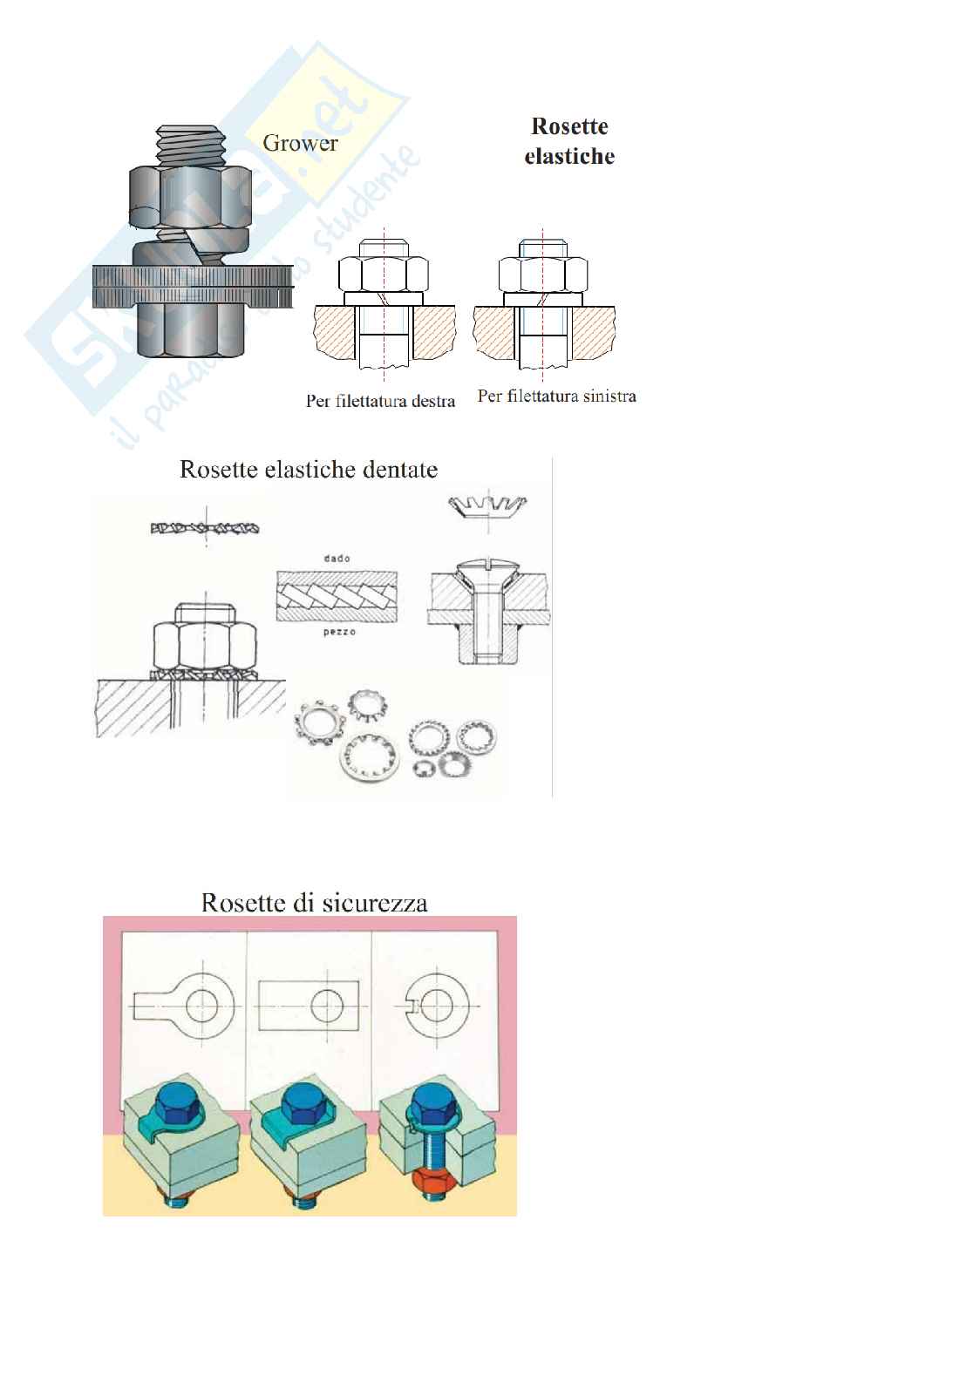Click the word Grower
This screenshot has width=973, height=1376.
(x=300, y=143)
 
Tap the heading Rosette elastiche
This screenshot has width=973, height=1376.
(x=569, y=141)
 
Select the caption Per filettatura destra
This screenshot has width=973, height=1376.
(x=380, y=402)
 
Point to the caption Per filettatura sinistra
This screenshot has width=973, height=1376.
(x=556, y=397)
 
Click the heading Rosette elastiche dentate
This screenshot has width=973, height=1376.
(x=309, y=470)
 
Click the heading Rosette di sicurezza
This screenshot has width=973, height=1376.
(x=314, y=901)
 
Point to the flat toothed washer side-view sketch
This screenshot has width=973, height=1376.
(x=204, y=528)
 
